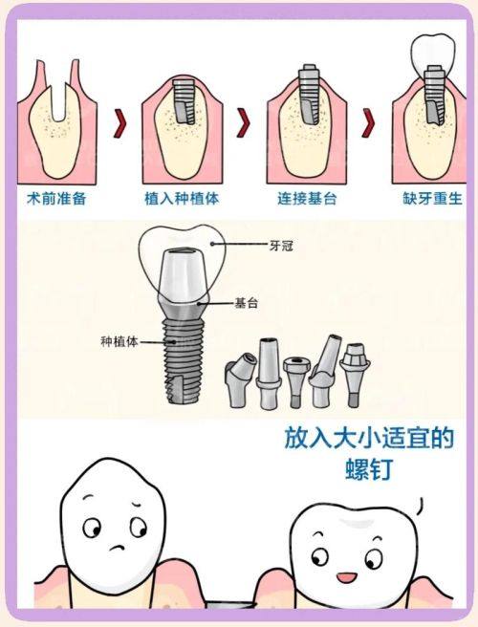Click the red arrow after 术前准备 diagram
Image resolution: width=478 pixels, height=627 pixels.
point(120,123)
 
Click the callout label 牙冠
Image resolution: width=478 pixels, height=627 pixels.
point(280,245)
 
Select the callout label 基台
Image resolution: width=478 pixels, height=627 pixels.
point(247,303)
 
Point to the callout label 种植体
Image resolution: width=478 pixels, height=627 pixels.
point(118,340)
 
